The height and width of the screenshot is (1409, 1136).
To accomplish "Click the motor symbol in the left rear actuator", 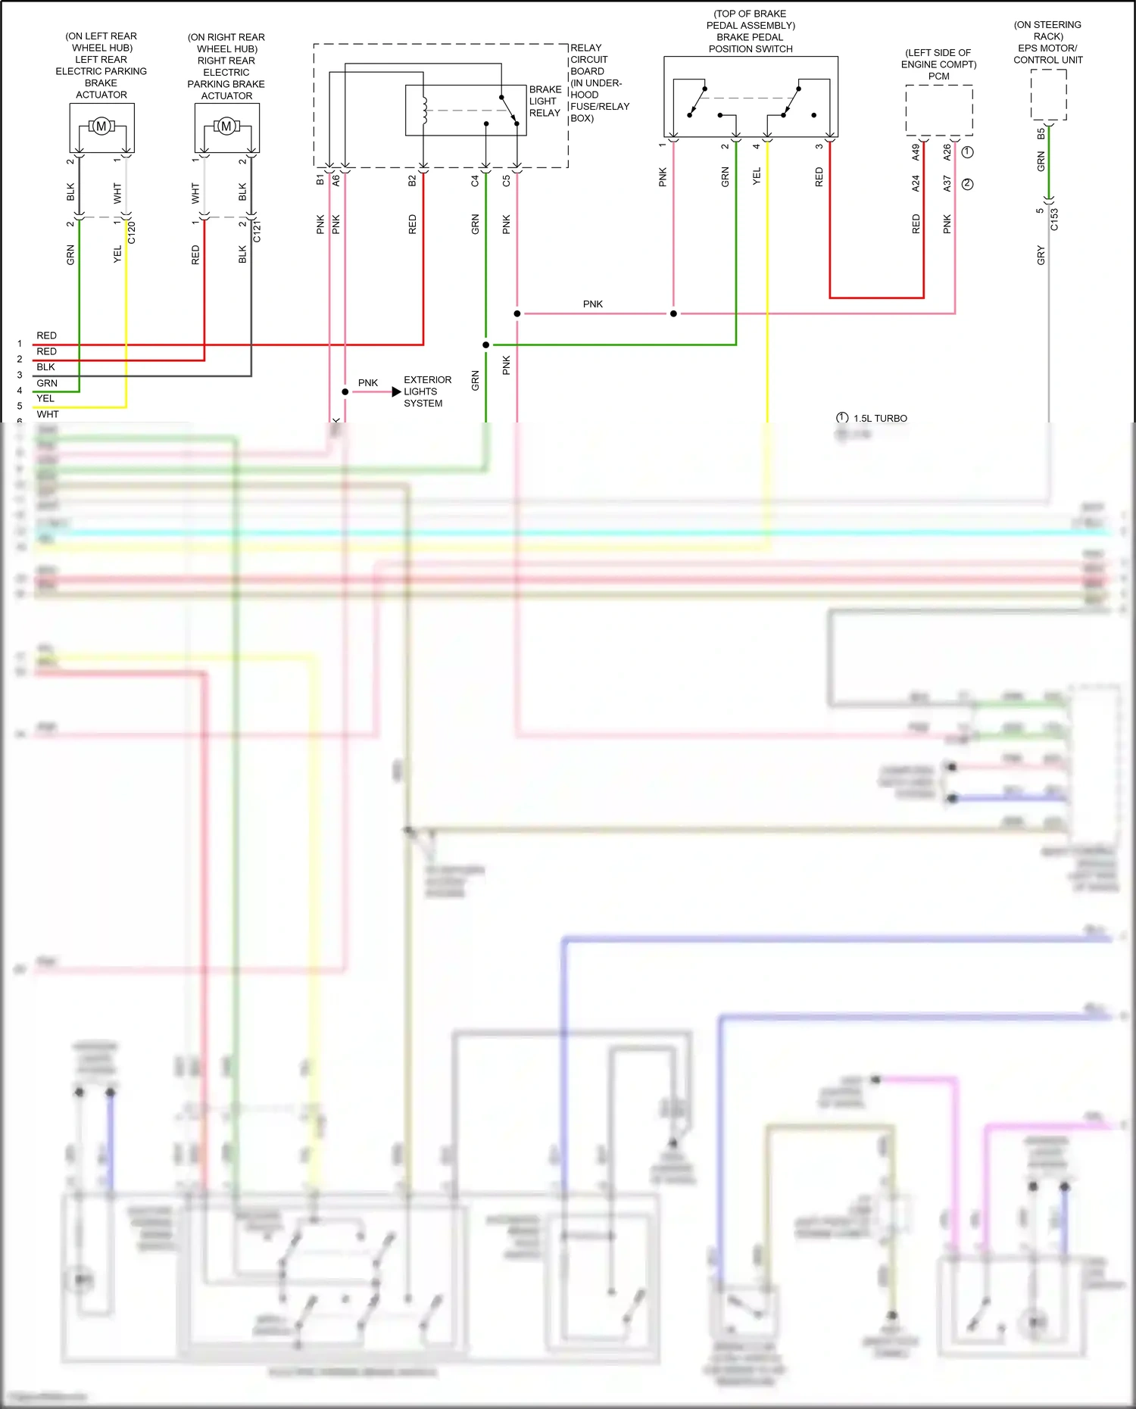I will click(101, 126).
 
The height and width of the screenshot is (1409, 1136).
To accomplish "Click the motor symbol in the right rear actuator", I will click(226, 126).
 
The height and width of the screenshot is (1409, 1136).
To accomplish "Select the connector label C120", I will click(132, 232).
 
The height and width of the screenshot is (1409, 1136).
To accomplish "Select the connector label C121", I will click(257, 232).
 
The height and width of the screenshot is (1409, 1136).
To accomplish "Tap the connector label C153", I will click(1054, 220).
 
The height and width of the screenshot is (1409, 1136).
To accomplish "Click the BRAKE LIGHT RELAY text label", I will click(545, 101).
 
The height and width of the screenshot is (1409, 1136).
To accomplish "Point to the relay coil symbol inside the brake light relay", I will click(424, 111).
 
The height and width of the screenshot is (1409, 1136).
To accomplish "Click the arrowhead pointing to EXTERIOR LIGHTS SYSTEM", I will click(396, 392).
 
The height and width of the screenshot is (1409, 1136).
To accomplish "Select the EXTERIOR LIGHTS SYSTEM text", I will click(427, 391).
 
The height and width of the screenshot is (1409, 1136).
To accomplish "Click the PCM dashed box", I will click(939, 111).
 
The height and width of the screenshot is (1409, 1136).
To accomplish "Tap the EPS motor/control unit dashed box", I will click(1048, 95).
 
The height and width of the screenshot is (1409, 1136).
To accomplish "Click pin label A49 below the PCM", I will click(916, 152).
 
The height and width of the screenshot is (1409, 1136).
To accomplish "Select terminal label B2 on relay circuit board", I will click(412, 181).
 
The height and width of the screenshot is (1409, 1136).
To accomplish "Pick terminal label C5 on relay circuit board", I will click(507, 181).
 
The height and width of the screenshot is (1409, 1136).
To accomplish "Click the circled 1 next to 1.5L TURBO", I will click(842, 418).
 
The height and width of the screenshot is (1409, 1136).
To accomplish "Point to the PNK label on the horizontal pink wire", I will click(593, 304).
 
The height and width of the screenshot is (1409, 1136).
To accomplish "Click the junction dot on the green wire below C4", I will click(485, 345).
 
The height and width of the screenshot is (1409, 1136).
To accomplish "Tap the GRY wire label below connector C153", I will click(1041, 256).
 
